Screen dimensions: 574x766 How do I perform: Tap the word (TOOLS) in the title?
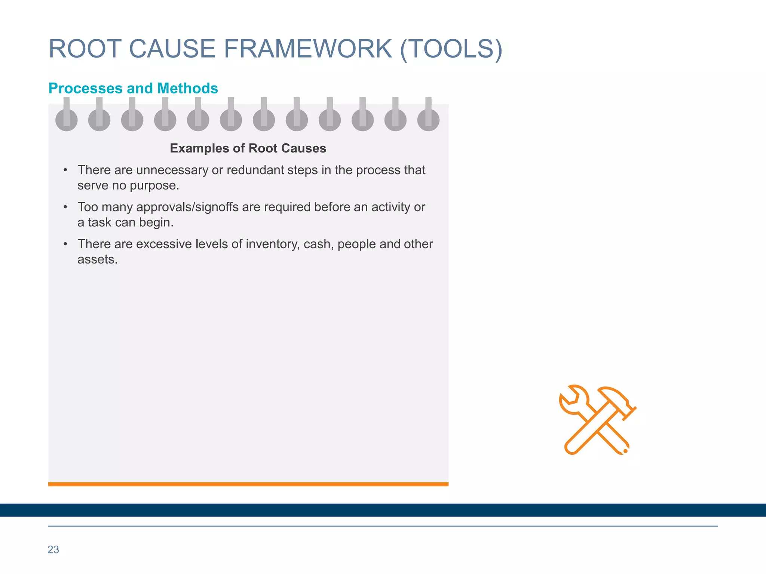(451, 49)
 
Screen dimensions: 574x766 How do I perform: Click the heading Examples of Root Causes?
(248, 148)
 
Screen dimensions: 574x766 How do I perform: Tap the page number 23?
(53, 550)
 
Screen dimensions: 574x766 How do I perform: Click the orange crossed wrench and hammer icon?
(597, 420)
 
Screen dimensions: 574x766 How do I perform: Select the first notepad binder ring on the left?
(67, 115)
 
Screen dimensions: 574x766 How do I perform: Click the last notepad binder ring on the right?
(428, 115)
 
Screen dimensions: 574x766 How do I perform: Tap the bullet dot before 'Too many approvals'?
(65, 207)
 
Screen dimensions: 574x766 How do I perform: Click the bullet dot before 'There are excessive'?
(65, 244)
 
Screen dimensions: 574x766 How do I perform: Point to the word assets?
(97, 259)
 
